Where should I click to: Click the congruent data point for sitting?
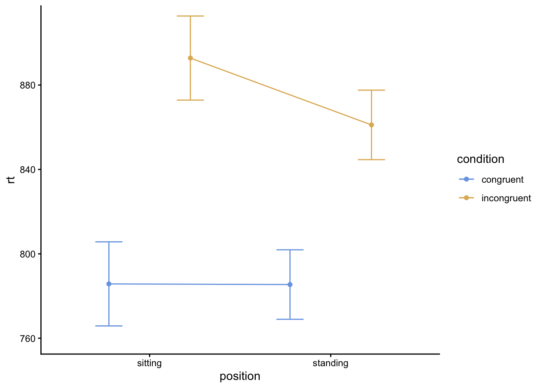[x=109, y=284]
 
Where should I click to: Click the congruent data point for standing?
[x=290, y=285]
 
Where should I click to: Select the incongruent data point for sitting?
[x=190, y=58]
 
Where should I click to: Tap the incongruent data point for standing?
[x=371, y=125]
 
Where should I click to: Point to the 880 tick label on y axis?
[x=28, y=85]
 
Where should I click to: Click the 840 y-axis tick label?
[x=28, y=170]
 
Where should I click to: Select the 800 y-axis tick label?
[x=28, y=254]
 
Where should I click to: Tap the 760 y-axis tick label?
[x=28, y=339]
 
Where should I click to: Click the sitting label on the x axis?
[x=149, y=363]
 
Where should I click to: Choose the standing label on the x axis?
[x=330, y=363]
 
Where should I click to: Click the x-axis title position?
[x=240, y=376]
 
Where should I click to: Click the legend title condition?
[x=480, y=159]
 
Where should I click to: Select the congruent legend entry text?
[x=502, y=179]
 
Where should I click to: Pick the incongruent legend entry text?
[x=506, y=198]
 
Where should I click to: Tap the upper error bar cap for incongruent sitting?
[x=190, y=16]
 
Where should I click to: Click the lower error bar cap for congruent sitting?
[x=109, y=326]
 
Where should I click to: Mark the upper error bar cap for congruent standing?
[x=290, y=250]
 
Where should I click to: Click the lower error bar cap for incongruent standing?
[x=371, y=160]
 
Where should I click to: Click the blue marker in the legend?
[x=466, y=179]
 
